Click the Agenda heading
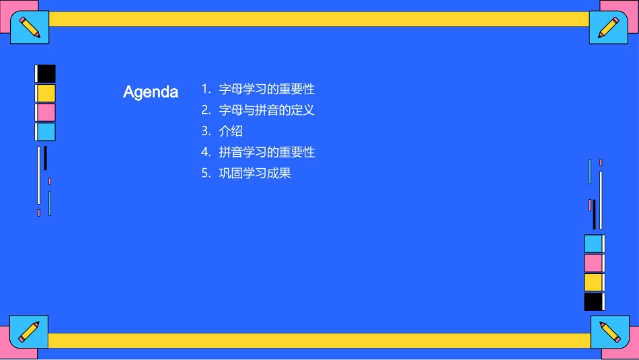151,92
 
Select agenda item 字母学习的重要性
266,89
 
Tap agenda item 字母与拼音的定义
266,110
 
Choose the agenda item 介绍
231,131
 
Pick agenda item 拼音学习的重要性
266,152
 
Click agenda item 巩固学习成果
254,173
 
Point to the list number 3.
206,131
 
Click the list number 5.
206,173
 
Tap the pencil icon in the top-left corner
30,27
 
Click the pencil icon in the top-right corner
609,27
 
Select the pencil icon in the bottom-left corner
29,332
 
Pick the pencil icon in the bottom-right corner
609,332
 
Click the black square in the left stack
46,74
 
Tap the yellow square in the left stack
46,93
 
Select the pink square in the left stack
46,112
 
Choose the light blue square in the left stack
46,132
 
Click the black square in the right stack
593,301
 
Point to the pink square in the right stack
593,262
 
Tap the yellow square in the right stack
593,282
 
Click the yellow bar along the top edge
319,19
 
